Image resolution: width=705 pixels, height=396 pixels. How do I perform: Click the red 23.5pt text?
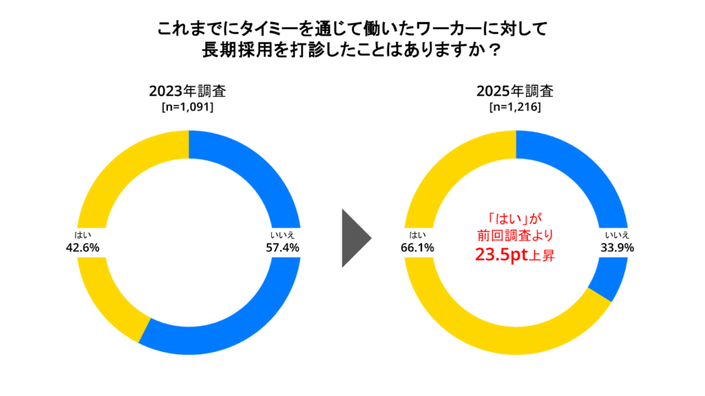pos(501,254)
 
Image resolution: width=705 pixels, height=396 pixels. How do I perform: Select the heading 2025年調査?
pos(515,91)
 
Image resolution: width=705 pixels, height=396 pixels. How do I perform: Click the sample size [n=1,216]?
pos(515,107)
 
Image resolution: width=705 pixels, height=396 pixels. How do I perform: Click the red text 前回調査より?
pos(515,235)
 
